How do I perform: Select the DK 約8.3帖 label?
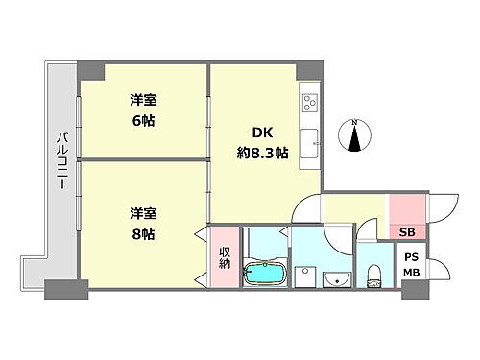coord(261,142)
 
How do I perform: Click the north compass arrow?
coord(355,140)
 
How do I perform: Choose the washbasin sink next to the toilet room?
coord(334,279)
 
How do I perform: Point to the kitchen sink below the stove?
coord(310,144)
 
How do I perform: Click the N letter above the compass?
coord(355,122)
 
